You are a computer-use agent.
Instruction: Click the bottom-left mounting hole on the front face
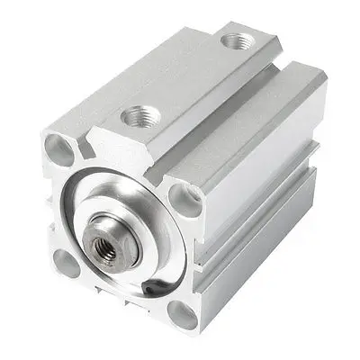64,262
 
